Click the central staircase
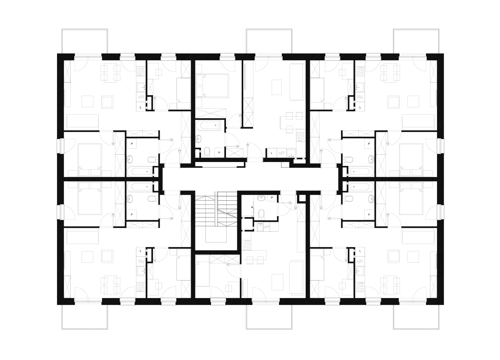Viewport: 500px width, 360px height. click(216, 211)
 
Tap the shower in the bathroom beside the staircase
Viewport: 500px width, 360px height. click(248, 207)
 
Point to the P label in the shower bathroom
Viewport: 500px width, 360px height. click(272, 198)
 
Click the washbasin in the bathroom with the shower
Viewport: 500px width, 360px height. click(261, 198)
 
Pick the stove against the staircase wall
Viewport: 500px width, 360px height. click(246, 245)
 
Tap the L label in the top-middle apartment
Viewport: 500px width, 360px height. click(271, 153)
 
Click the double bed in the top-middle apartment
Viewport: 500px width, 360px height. click(212, 86)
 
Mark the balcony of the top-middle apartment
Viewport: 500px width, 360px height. click(269, 41)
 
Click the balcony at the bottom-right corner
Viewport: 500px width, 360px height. click(416, 317)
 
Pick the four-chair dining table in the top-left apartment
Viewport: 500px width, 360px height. click(110, 73)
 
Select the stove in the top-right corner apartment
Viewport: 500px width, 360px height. click(360, 72)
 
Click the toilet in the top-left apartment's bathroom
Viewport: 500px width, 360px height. click(153, 159)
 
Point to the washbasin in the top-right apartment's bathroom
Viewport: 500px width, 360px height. click(371, 159)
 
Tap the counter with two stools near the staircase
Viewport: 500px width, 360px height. click(257, 255)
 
